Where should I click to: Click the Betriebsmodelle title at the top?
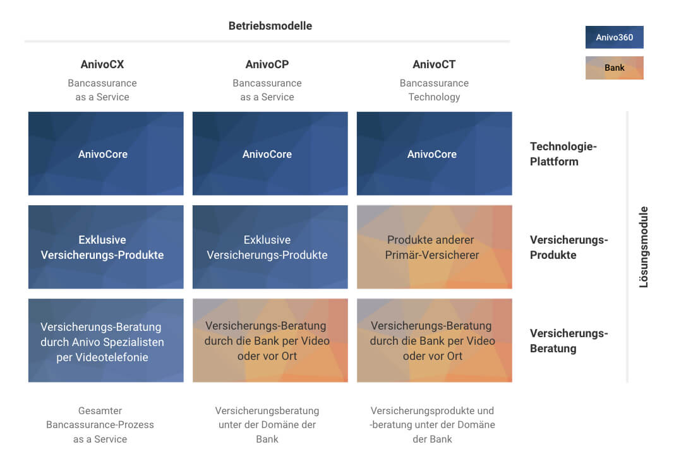270,26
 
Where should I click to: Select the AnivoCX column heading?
102,64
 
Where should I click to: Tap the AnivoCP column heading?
267,64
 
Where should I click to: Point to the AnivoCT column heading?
434,64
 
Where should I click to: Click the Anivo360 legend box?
614,37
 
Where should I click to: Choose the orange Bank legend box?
614,68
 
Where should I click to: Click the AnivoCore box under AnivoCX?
105,153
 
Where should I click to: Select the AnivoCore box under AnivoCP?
270,153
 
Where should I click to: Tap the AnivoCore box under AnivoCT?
434,153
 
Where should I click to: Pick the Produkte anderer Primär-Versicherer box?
434,247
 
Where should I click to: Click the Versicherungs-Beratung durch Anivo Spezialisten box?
105,340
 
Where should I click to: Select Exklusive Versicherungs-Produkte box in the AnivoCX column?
105,247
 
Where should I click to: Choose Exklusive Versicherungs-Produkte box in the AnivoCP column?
270,247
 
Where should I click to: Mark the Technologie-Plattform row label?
563,154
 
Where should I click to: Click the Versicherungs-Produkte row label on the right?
569,247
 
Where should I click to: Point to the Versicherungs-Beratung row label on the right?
569,341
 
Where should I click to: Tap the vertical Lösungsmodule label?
644,247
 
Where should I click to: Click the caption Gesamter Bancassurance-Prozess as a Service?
100,425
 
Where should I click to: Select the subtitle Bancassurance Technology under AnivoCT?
434,90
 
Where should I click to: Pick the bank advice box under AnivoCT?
434,340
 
